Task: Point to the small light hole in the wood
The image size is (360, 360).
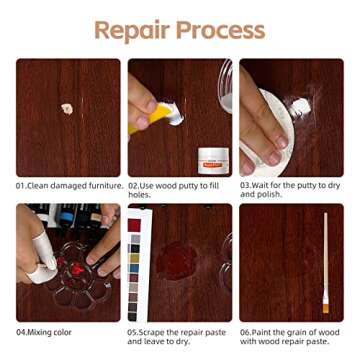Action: point(67,108)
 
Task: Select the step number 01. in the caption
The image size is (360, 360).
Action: point(22,185)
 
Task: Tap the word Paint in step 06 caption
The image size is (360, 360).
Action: point(265,330)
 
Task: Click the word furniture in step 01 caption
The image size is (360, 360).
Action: point(105,185)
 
